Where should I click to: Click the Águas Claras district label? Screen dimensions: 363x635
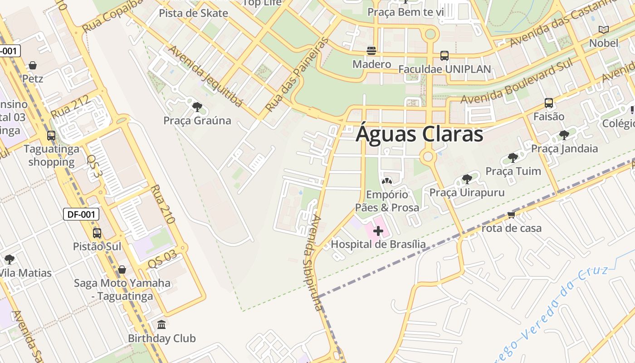[x=420, y=134]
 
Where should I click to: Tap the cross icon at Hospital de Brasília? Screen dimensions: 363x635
[x=378, y=231]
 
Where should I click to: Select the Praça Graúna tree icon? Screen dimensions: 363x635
[x=197, y=108]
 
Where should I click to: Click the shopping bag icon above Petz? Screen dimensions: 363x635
[x=33, y=66]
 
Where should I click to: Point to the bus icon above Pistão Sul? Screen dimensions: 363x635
[x=97, y=233]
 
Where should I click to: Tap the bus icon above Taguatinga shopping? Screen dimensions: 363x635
[x=51, y=136]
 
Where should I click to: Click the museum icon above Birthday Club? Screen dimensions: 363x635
[x=161, y=325]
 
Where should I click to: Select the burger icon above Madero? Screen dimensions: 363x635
[x=371, y=50]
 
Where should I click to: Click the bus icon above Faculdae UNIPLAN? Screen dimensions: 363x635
[x=444, y=56]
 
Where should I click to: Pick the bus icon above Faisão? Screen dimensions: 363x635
[x=549, y=103]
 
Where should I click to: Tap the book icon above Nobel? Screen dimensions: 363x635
[x=603, y=30]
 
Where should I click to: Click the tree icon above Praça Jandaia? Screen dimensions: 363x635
[x=564, y=135]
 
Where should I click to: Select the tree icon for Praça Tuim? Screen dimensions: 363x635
[x=513, y=158]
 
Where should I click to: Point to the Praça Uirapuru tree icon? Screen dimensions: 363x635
[x=467, y=179]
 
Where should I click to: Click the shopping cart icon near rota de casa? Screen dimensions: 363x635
[x=512, y=214]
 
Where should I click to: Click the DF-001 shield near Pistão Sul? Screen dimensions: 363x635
[x=81, y=214]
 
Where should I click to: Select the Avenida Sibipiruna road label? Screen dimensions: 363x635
[x=317, y=263]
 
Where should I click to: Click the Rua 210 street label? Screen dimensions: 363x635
[x=162, y=204]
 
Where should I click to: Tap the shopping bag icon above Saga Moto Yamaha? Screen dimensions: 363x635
[x=122, y=270]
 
